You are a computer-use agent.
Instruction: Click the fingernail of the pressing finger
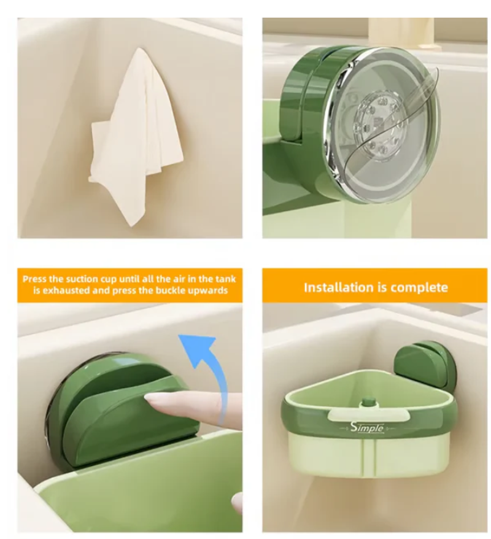pyautogui.click(x=157, y=399)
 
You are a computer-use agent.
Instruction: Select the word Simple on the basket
pyautogui.click(x=366, y=427)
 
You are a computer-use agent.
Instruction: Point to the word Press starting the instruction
pyautogui.click(x=35, y=279)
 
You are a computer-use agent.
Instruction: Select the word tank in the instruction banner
pyautogui.click(x=226, y=279)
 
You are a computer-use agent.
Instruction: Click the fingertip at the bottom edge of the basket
pyautogui.click(x=237, y=503)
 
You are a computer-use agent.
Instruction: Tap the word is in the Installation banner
pyautogui.click(x=380, y=287)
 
